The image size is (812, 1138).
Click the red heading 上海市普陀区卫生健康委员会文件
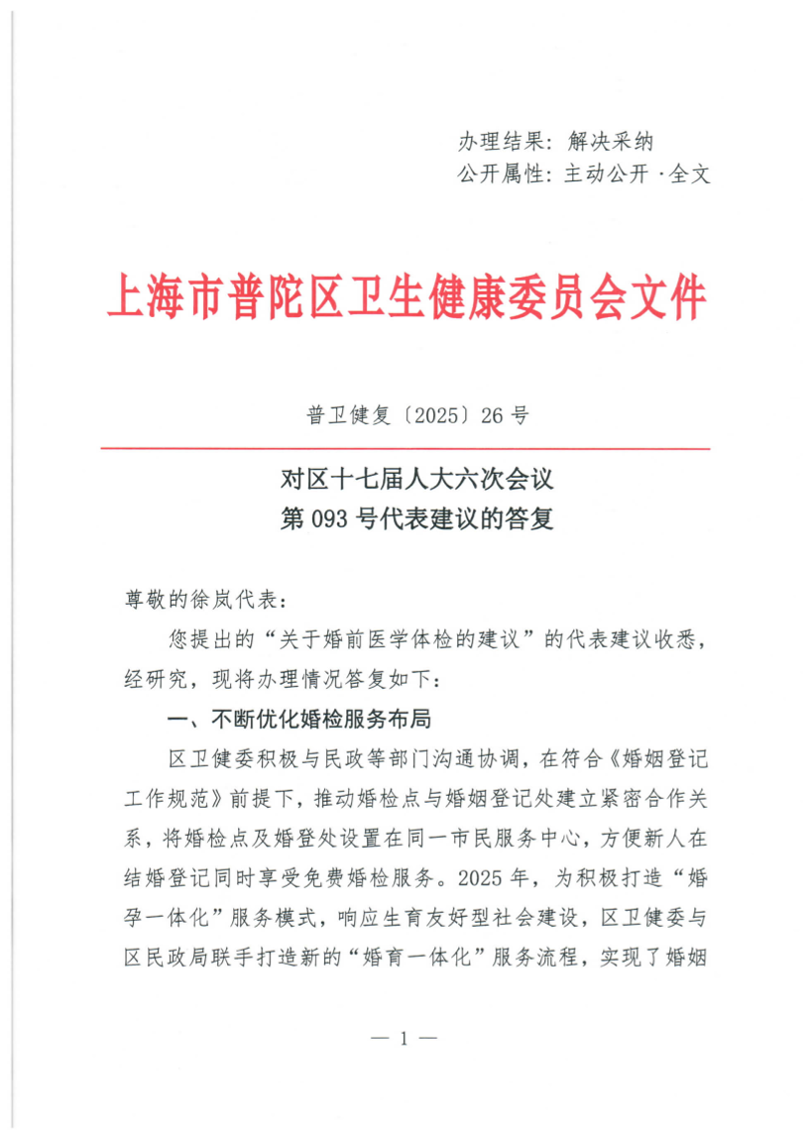tap(406, 294)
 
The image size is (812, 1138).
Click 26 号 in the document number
tap(505, 416)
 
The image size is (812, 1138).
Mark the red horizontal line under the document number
tap(406, 449)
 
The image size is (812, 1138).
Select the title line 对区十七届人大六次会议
tap(415, 481)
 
